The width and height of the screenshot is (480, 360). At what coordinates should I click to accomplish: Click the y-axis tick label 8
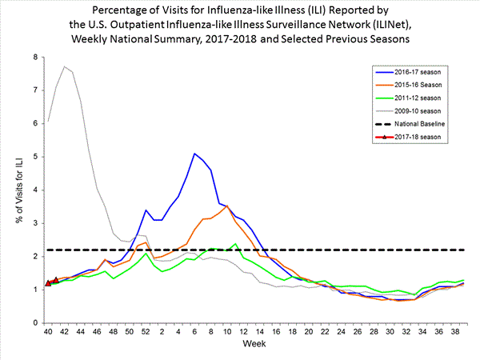click(x=34, y=58)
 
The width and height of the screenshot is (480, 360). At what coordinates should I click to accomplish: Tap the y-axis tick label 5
click(x=34, y=157)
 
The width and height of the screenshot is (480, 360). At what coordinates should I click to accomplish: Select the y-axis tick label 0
click(x=34, y=322)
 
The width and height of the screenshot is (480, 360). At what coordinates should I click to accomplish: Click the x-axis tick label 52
click(x=146, y=331)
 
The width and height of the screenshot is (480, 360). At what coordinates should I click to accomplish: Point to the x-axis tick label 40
click(x=48, y=331)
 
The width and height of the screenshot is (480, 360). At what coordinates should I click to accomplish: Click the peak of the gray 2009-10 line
click(x=65, y=66)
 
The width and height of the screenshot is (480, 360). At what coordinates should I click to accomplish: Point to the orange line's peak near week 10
click(x=227, y=206)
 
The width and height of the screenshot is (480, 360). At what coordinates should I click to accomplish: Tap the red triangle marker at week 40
click(x=48, y=282)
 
